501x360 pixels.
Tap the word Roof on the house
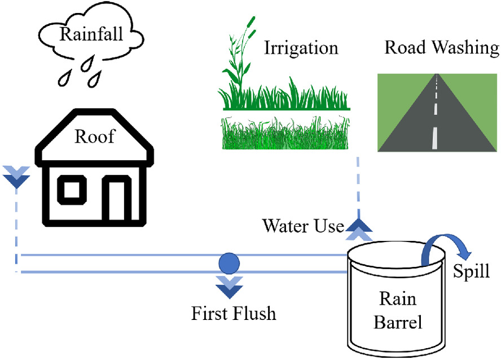click(x=94, y=136)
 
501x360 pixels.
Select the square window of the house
click(x=71, y=190)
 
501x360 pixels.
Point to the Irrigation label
click(x=301, y=47)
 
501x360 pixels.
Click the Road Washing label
click(x=442, y=47)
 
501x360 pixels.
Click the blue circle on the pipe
click(x=229, y=262)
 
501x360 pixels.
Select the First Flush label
click(x=234, y=313)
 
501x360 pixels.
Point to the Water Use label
click(x=303, y=226)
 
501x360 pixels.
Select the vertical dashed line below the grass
click(x=358, y=186)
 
